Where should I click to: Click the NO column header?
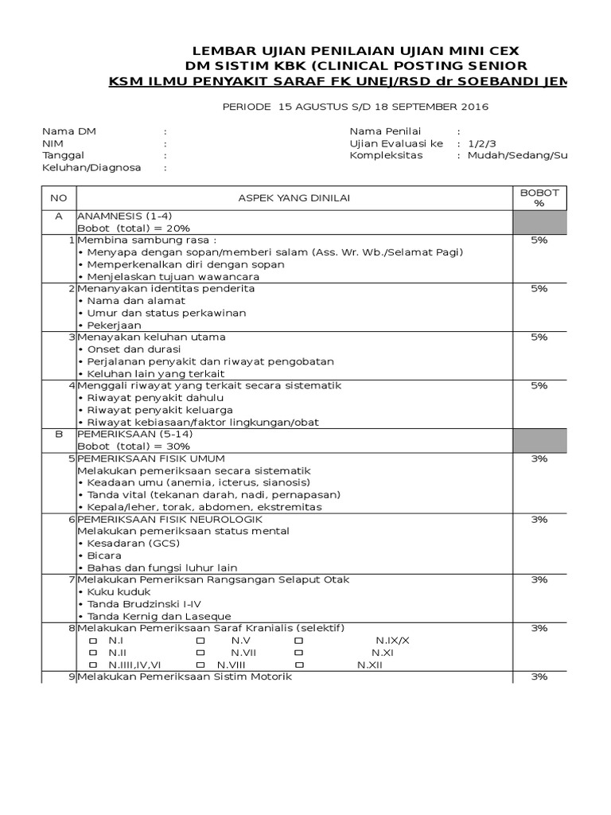[58, 197]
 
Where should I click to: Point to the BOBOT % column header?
[539, 197]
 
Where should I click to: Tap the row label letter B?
[58, 435]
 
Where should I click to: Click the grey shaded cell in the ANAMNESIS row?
[539, 222]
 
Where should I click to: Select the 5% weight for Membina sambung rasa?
[539, 240]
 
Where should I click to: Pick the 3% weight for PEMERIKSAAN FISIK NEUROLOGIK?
[539, 519]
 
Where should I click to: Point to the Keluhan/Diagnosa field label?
[91, 168]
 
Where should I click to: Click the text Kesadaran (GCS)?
[130, 544]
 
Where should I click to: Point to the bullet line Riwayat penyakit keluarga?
[150, 410]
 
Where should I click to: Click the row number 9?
[72, 677]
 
